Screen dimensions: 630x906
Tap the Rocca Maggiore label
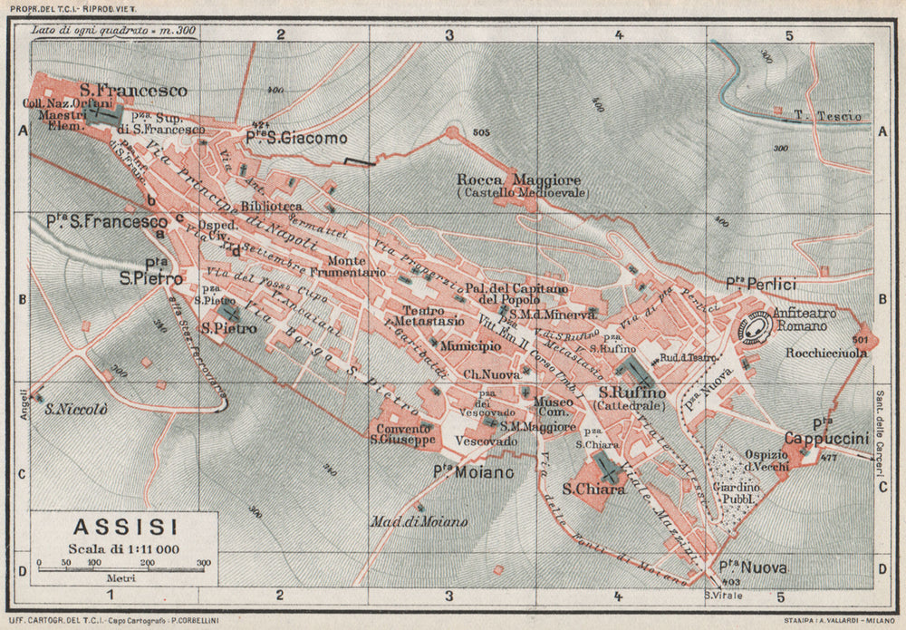pos(519,179)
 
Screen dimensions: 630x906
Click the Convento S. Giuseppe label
pos(404,434)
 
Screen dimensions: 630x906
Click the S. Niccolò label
pos(77,410)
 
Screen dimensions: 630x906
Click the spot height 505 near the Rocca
pos(481,133)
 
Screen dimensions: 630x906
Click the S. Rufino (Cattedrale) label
pos(631,398)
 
